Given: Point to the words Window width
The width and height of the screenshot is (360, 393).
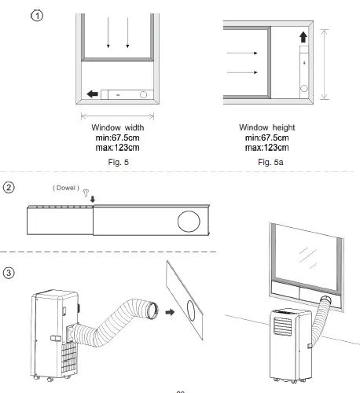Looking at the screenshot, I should point(117,127).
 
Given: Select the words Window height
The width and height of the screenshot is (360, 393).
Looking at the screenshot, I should point(270,127).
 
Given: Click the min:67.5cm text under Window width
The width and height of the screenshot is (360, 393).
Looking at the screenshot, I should point(118,137).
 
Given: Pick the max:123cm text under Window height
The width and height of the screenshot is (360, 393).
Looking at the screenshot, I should point(270,147).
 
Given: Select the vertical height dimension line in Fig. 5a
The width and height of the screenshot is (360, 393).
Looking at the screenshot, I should point(324,64).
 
